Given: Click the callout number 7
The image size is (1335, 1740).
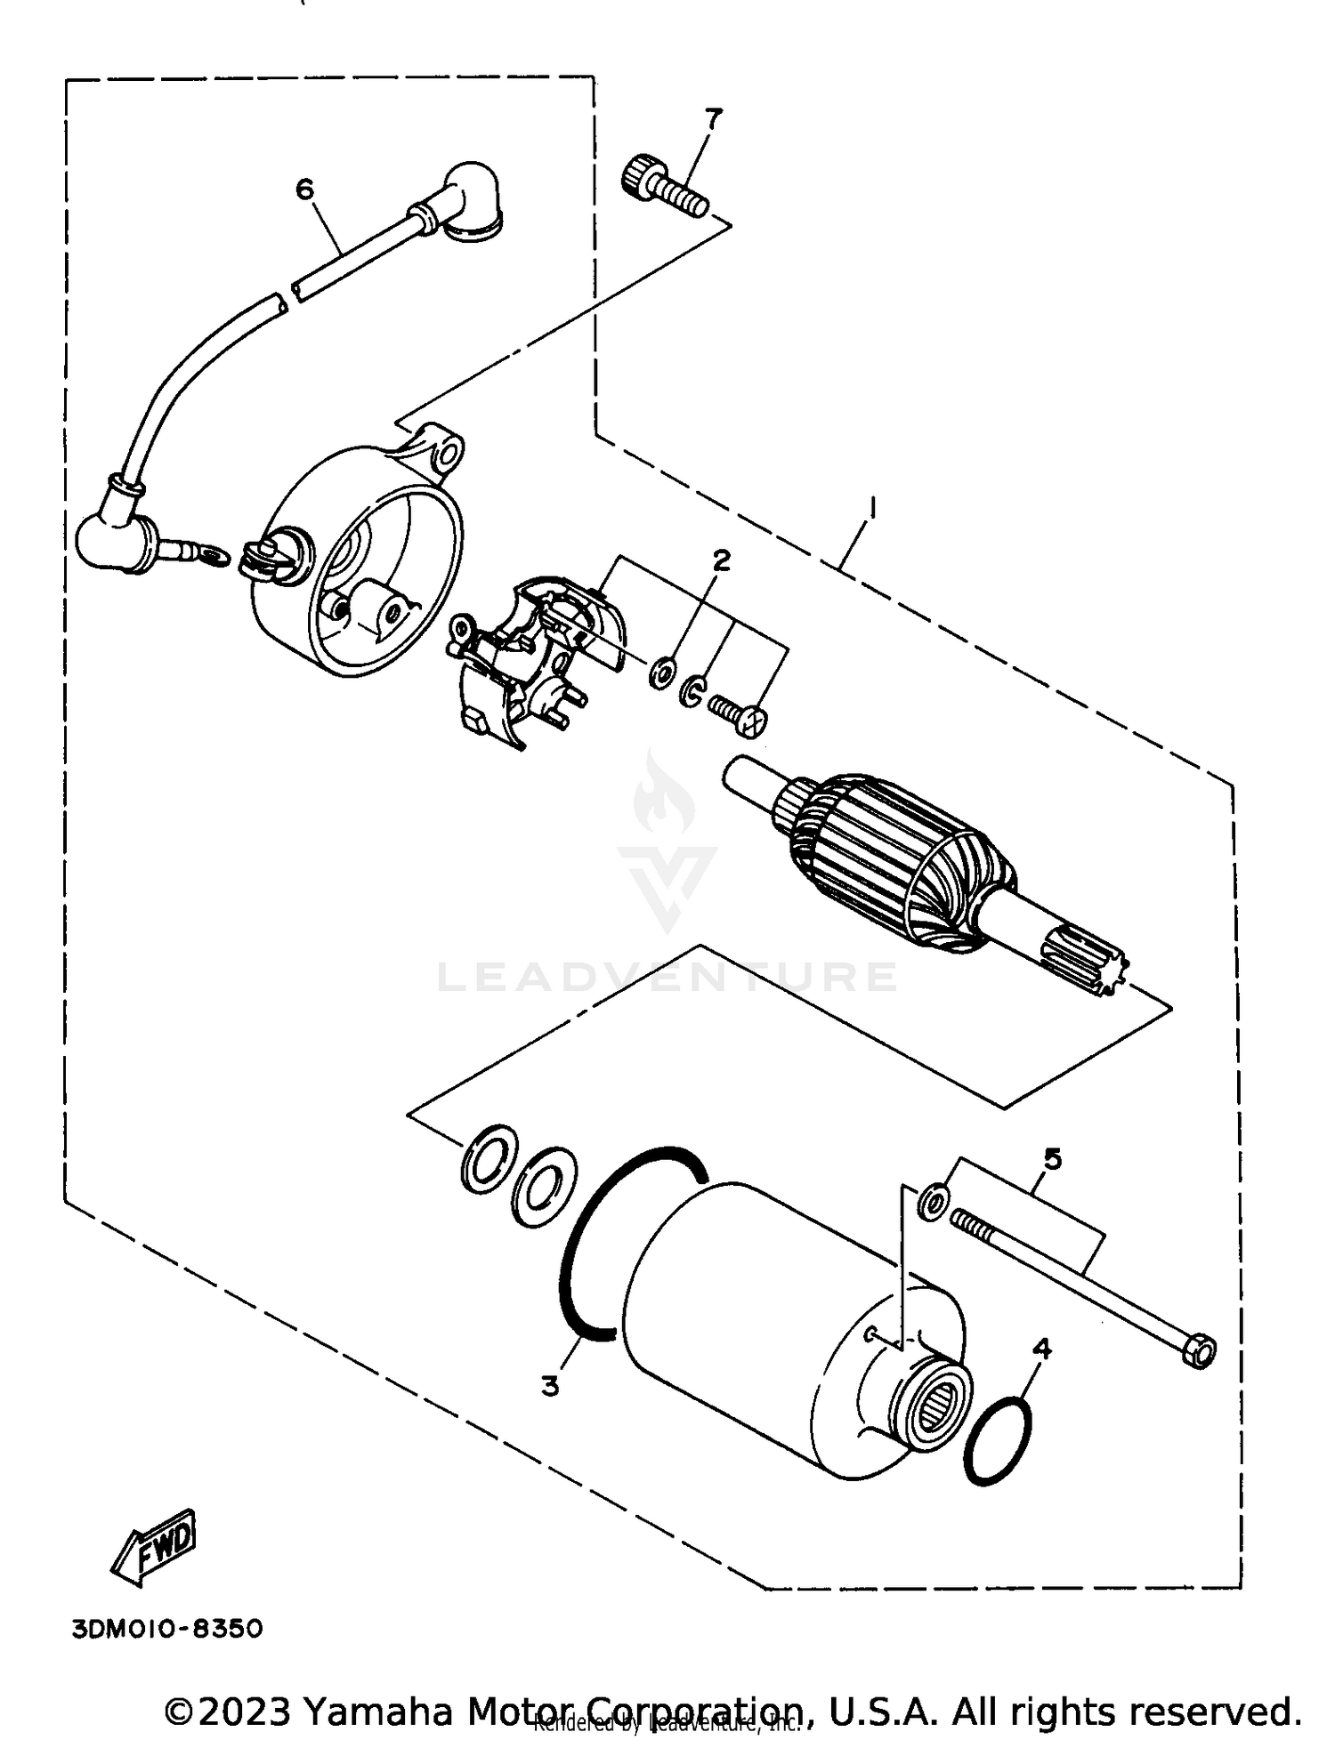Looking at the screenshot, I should click(712, 117).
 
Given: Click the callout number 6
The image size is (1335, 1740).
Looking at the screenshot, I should click(305, 189).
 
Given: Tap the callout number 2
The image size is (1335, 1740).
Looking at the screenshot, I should click(721, 560).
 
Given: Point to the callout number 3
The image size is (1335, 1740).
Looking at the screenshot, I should click(551, 1385).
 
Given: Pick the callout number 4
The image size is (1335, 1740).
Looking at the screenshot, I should click(1041, 1349).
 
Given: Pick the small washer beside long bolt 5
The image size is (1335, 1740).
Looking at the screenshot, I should click(931, 1202).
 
